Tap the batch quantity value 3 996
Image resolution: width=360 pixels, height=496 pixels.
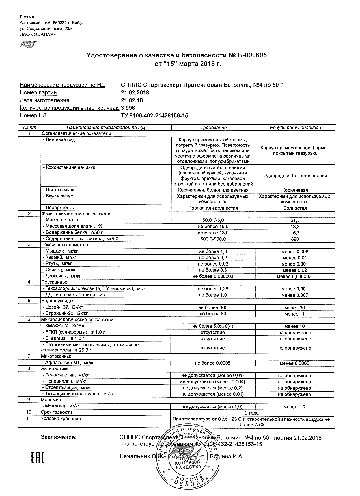point(128,108)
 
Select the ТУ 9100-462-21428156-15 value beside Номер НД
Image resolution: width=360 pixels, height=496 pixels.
point(154,115)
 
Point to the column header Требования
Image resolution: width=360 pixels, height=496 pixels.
point(214,128)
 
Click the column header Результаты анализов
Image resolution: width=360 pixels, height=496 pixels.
point(295,128)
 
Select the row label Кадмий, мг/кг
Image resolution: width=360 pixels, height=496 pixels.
point(59,257)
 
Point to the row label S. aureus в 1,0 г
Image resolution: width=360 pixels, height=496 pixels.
point(63,338)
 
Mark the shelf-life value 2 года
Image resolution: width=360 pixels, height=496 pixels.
point(252,413)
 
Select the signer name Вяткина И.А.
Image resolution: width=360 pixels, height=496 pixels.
point(227,456)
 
